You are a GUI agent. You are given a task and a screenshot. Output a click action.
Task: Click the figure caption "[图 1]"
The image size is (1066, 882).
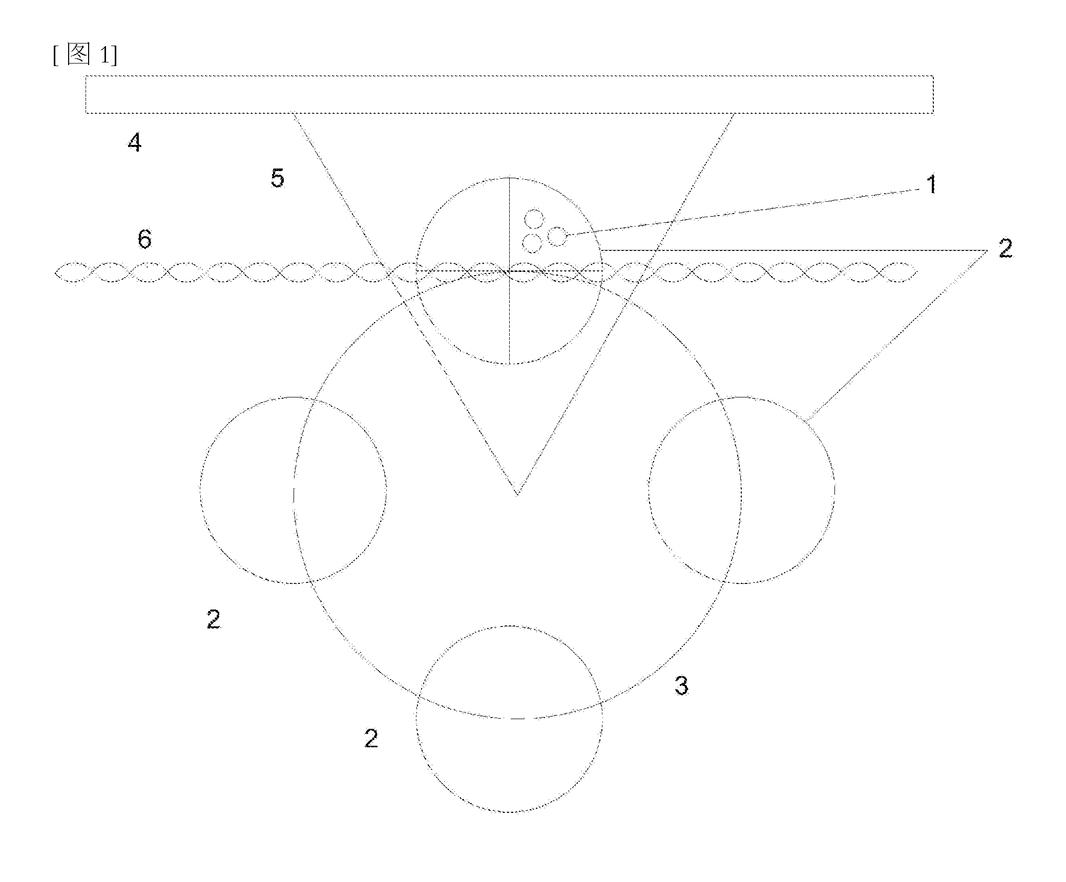(x=85, y=55)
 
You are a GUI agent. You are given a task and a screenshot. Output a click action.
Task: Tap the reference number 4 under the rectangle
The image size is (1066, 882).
(x=134, y=142)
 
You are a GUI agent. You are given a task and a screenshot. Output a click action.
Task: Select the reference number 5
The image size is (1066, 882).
(x=277, y=178)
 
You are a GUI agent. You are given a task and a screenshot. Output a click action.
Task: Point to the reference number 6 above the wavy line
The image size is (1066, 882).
(x=145, y=239)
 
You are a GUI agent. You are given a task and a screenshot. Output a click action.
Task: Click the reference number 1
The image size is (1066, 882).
(x=932, y=184)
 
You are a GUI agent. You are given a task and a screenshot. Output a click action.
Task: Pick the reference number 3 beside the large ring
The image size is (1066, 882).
(x=681, y=685)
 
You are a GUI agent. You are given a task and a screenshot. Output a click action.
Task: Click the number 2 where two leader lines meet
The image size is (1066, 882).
(x=1005, y=249)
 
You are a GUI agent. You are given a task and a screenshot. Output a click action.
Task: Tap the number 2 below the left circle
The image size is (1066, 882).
(x=214, y=619)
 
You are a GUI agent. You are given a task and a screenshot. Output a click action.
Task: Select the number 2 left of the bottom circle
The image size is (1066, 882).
(x=371, y=738)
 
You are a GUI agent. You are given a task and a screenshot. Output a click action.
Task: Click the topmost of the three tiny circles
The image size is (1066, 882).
(x=534, y=219)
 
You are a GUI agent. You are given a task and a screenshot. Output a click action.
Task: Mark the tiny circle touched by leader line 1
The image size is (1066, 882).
(x=557, y=237)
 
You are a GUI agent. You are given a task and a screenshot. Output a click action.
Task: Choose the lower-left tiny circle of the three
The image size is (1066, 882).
(x=533, y=243)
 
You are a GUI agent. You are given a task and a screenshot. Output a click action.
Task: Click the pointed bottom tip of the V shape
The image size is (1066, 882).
(x=517, y=494)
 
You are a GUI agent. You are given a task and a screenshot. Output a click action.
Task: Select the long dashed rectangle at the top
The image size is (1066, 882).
(x=509, y=94)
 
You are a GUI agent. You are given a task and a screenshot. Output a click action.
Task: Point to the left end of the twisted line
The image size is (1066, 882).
(x=55, y=272)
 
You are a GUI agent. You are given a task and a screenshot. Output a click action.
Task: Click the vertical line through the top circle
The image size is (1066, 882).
(x=509, y=271)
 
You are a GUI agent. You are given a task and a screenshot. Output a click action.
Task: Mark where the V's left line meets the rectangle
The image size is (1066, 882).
(x=293, y=113)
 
